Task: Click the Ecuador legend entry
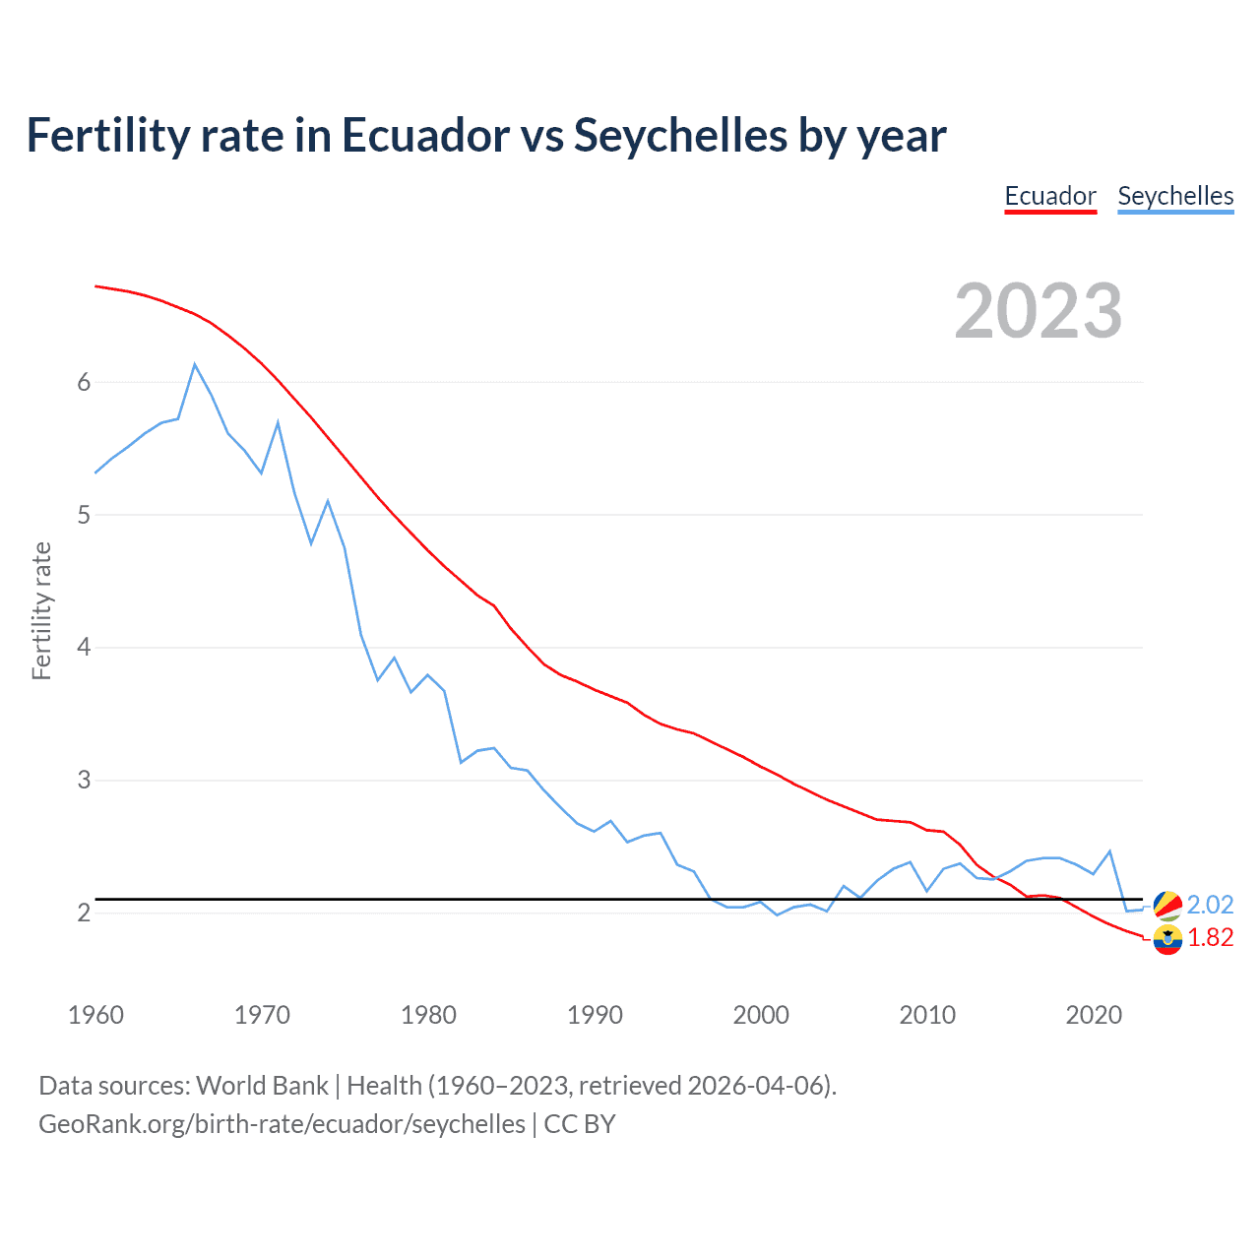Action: tap(1049, 196)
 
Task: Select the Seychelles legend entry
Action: tap(1175, 196)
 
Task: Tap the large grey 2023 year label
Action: tap(1039, 311)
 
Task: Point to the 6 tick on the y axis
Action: tap(84, 382)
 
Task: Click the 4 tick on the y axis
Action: tap(84, 648)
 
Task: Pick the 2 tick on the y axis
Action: tap(84, 913)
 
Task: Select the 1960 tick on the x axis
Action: tap(95, 1015)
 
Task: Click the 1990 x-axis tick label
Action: tap(595, 1015)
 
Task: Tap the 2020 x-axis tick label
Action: tap(1094, 1015)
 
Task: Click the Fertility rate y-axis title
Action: tap(41, 610)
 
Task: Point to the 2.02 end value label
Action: tap(1210, 905)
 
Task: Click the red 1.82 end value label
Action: tap(1210, 938)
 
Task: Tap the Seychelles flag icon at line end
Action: tap(1167, 905)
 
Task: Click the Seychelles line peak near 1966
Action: tap(195, 364)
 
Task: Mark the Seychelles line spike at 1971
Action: tap(278, 422)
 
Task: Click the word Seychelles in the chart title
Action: tap(680, 135)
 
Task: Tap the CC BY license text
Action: tap(580, 1124)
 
